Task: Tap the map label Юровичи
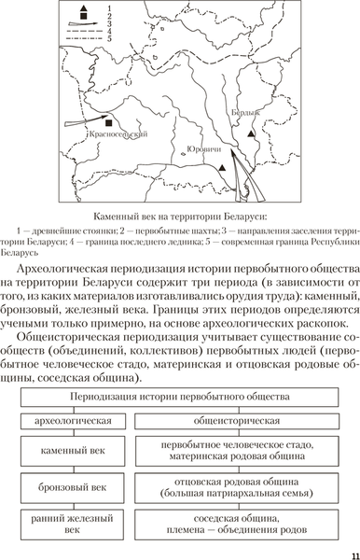point(205,149)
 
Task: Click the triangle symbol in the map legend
point(86,8)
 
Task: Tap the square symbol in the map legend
point(86,20)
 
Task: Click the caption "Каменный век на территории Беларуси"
point(180,216)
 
